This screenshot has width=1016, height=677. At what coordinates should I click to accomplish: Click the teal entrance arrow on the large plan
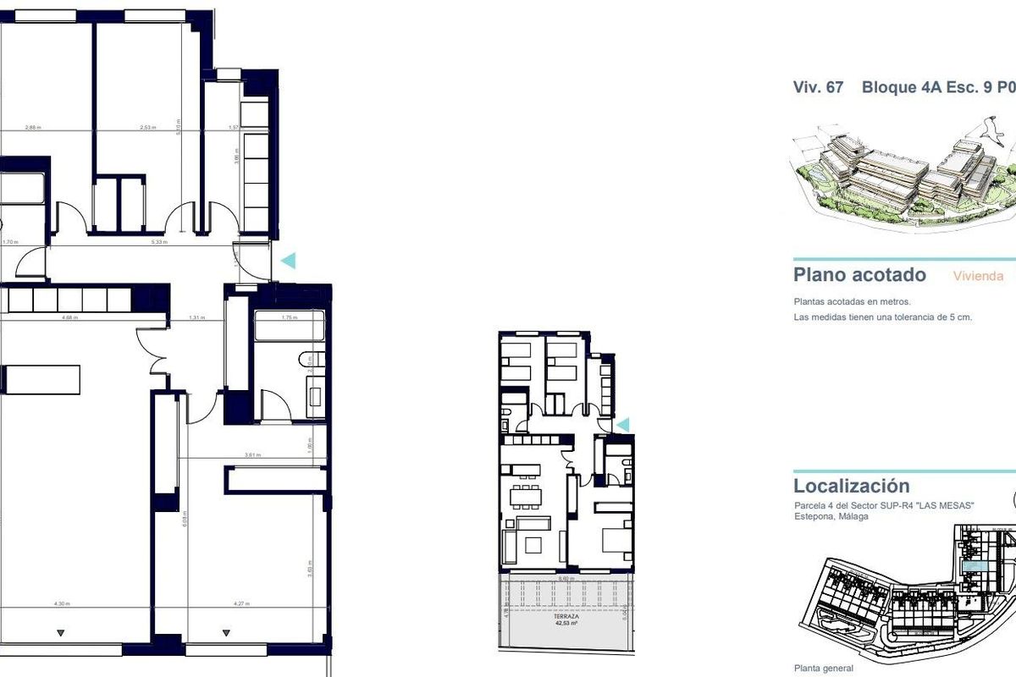[289, 261]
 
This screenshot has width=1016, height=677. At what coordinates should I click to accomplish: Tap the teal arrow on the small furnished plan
[623, 424]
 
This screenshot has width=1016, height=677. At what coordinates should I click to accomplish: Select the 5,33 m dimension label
[159, 242]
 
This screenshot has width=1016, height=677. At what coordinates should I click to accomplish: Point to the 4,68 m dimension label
[69, 318]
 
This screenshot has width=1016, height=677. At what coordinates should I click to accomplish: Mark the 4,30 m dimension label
[61, 604]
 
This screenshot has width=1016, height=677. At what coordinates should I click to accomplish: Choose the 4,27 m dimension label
[240, 604]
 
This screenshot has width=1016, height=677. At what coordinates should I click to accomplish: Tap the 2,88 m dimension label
[34, 128]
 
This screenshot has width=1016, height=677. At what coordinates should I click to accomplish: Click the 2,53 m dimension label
[146, 128]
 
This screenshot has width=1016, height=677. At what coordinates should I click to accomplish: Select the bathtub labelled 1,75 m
[289, 318]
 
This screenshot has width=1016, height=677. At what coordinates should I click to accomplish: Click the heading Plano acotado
[859, 275]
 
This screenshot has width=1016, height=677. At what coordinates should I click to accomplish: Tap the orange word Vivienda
[978, 276]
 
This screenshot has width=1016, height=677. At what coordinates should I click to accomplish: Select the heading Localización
[852, 486]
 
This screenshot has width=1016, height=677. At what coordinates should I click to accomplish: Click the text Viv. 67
[818, 87]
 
